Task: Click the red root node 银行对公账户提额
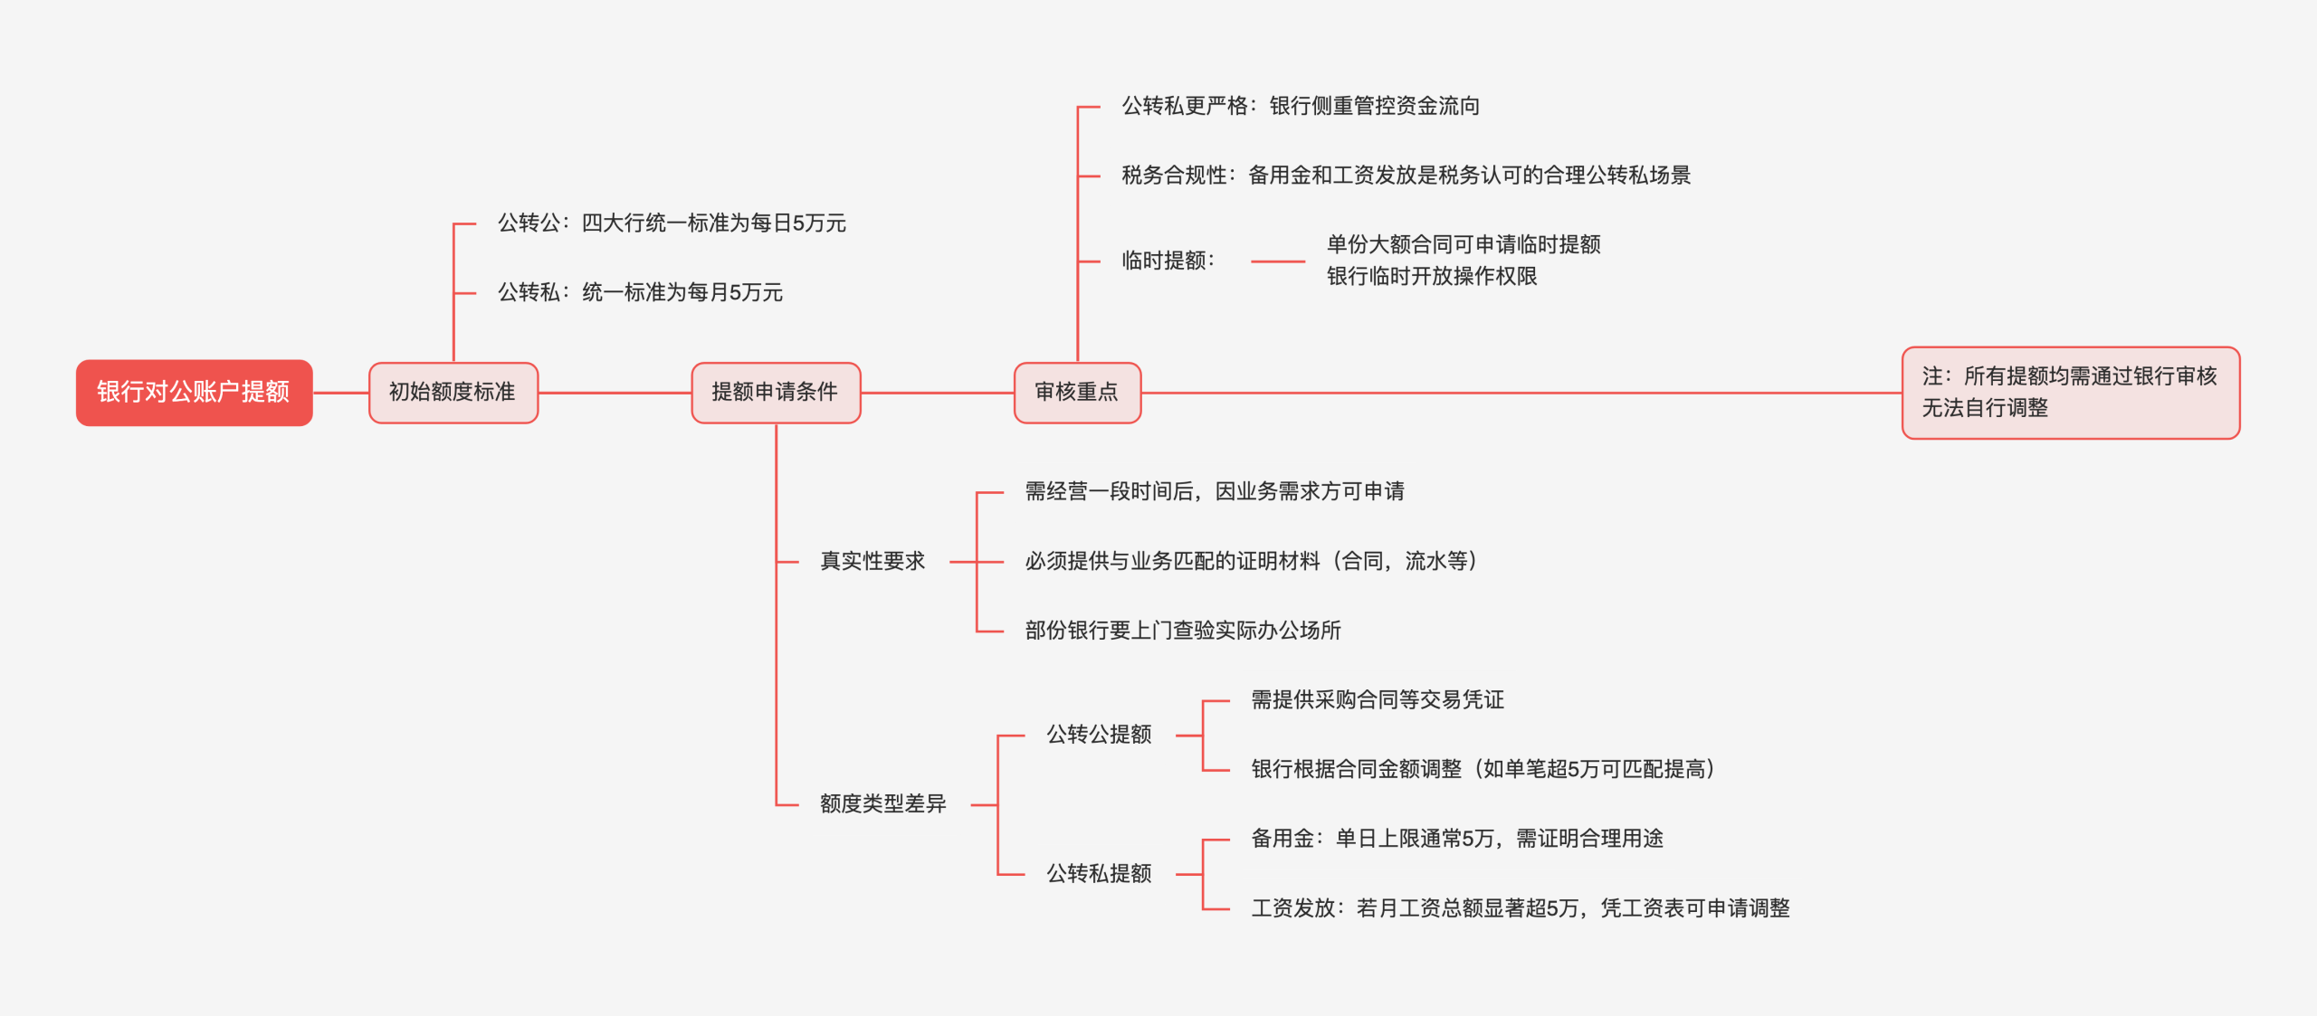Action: pyautogui.click(x=194, y=393)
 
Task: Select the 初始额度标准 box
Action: pyautogui.click(x=453, y=393)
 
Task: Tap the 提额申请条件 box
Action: pyautogui.click(x=775, y=393)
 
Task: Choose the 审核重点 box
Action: pyautogui.click(x=1076, y=393)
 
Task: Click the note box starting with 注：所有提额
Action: pyautogui.click(x=2070, y=393)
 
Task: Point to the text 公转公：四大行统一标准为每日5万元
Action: pyautogui.click(x=672, y=223)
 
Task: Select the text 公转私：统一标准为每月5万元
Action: pyautogui.click(x=640, y=292)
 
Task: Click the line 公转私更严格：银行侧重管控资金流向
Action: pyautogui.click(x=1301, y=107)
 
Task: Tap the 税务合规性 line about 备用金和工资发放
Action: pyautogui.click(x=1406, y=176)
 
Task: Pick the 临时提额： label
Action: pyautogui.click(x=1168, y=261)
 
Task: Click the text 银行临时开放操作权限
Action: pyautogui.click(x=1432, y=277)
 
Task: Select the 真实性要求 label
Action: pyautogui.click(x=872, y=562)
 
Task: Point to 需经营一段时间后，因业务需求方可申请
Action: pyautogui.click(x=1215, y=492)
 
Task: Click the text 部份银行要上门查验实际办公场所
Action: pyautogui.click(x=1183, y=631)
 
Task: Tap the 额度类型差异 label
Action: pyautogui.click(x=882, y=804)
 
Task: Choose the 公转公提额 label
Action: pyautogui.click(x=1099, y=735)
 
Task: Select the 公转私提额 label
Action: pyautogui.click(x=1099, y=874)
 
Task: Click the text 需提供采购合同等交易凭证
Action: pyautogui.click(x=1378, y=700)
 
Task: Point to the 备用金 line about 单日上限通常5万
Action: pyautogui.click(x=1457, y=840)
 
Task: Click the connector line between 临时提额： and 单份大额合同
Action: pyautogui.click(x=1277, y=261)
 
